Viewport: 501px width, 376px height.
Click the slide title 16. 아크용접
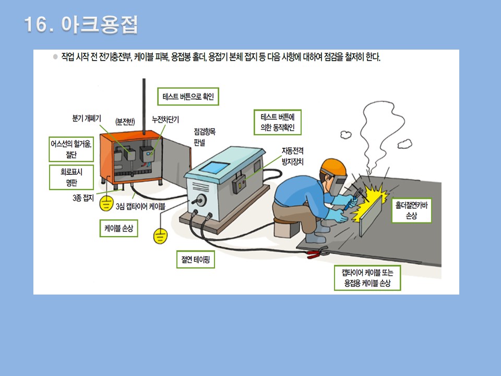[x=81, y=25]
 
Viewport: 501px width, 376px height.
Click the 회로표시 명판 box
[x=70, y=177]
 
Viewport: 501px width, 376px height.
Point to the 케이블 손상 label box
[x=118, y=228]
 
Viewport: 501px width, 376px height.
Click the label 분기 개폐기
[x=87, y=119]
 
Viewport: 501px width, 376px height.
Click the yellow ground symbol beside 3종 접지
[x=106, y=204]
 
